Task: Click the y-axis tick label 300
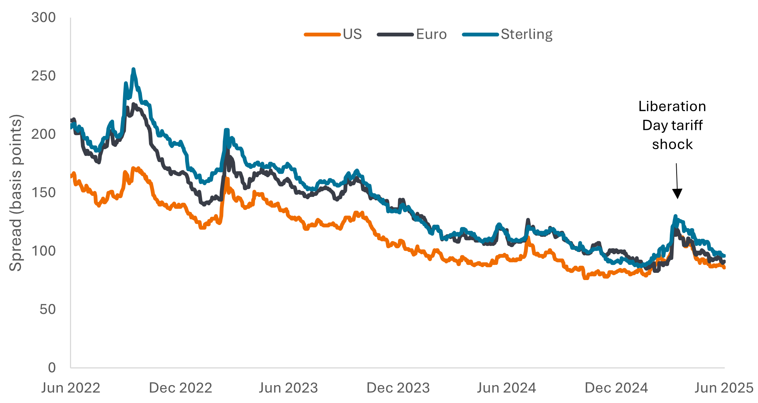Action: click(x=43, y=17)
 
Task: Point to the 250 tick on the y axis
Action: click(x=43, y=76)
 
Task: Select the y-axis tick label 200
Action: click(x=43, y=134)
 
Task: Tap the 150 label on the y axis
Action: click(x=43, y=192)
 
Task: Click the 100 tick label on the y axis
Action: click(x=43, y=251)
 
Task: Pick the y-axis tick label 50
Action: click(x=47, y=309)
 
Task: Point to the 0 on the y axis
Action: click(x=52, y=367)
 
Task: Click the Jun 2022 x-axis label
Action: click(x=70, y=388)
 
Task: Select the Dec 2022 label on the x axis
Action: click(x=180, y=388)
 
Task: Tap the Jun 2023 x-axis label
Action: click(x=288, y=388)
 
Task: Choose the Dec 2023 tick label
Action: click(x=398, y=388)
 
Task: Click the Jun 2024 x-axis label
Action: click(x=506, y=388)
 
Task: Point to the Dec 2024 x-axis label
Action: click(x=616, y=388)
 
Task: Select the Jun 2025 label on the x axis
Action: click(x=724, y=388)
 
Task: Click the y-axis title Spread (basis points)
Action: click(x=16, y=192)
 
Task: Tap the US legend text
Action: click(x=352, y=34)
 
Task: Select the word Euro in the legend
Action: click(x=431, y=34)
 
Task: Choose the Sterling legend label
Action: click(x=526, y=34)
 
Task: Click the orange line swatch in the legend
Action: click(x=322, y=35)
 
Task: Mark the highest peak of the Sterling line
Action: click(x=133, y=69)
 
